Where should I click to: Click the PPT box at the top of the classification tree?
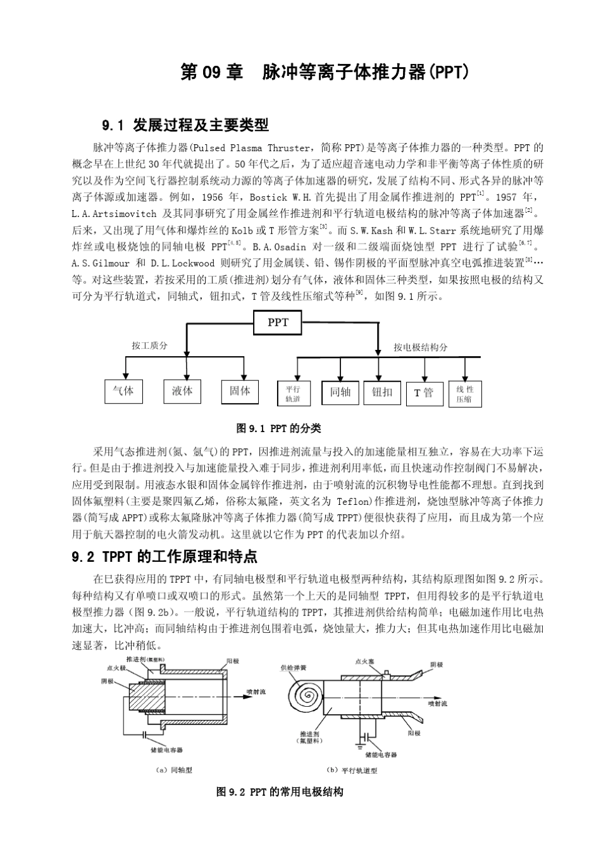pos(278,323)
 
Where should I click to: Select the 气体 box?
pos(123,391)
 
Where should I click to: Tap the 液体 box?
pos(182,391)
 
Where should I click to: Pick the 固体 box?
pos(240,391)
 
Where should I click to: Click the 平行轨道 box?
pos(293,394)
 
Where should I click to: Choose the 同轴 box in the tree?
pos(340,392)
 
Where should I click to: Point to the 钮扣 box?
pos(382,392)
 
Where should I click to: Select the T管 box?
pos(423,393)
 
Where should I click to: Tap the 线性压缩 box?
pos(464,394)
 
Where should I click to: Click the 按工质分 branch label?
pos(150,345)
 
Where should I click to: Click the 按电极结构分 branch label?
pos(420,347)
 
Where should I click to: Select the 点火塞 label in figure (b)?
pos(364,661)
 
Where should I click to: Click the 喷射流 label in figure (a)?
pos(256,692)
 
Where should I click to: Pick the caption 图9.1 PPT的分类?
pos(278,429)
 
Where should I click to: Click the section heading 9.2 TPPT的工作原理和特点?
pos(165,557)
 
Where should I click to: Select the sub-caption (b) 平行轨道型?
pos(351,771)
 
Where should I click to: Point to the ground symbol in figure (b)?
pos(359,747)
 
